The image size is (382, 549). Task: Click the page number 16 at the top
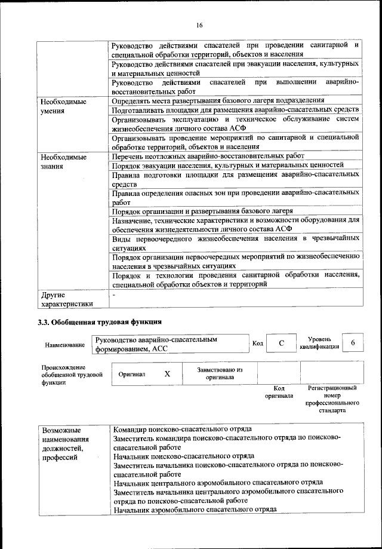[199, 24]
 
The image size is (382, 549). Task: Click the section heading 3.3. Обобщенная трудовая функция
[100, 323]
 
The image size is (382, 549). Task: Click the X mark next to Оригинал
[167, 373]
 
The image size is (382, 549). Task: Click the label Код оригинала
[279, 392]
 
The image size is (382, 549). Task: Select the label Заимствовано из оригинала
[219, 373]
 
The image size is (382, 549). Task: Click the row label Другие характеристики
[66, 299]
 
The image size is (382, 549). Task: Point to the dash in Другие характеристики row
[114, 295]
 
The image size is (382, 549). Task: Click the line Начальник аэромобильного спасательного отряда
[195, 510]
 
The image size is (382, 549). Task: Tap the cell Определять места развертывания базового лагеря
[218, 101]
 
